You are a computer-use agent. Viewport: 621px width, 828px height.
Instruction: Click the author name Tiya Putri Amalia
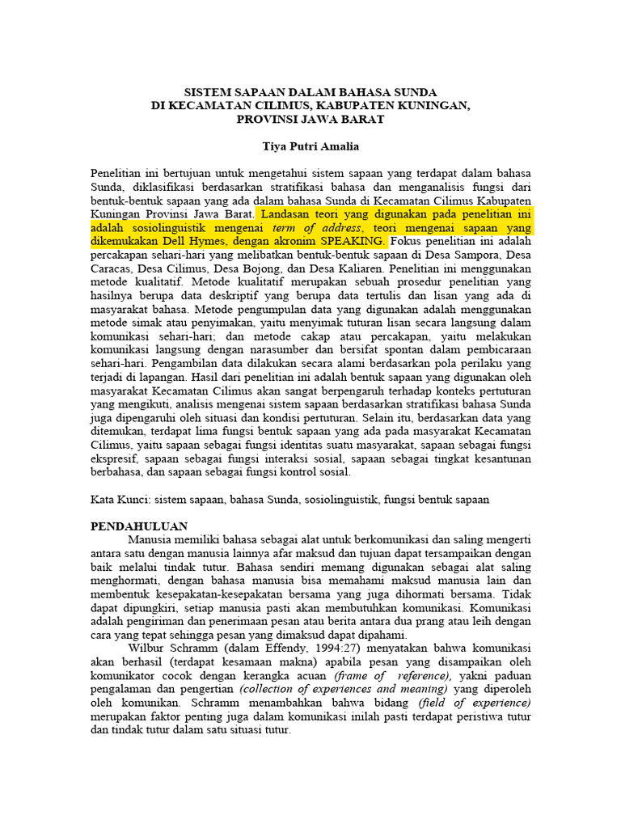click(310, 146)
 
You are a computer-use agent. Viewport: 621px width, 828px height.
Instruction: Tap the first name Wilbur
click(147, 648)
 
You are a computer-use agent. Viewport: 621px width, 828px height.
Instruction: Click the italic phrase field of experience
click(491, 703)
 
